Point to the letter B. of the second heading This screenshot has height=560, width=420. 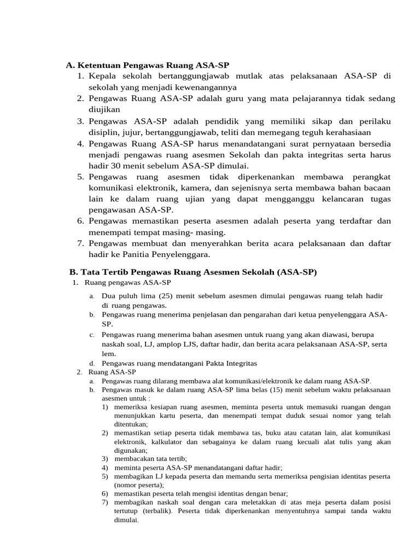pyautogui.click(x=73, y=272)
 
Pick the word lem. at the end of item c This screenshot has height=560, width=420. pyautogui.click(x=109, y=353)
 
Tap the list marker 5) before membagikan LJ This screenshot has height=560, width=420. pyautogui.click(x=104, y=476)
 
